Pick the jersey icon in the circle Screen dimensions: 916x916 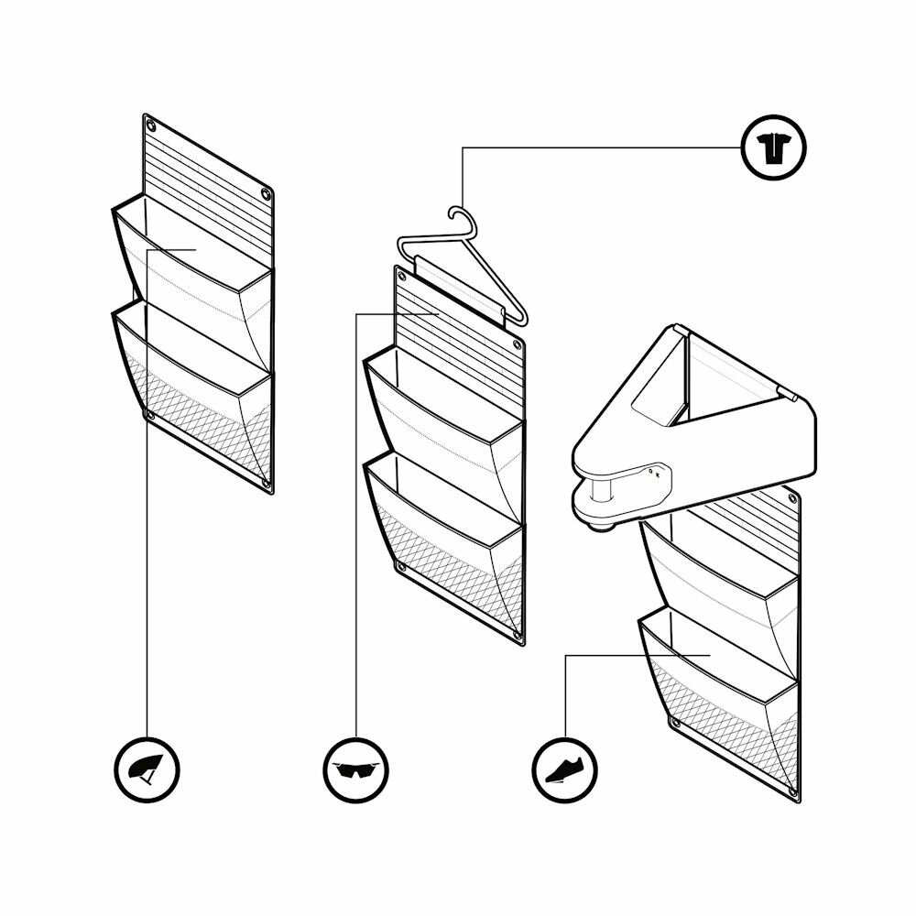[773, 147]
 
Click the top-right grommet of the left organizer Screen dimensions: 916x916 [266, 194]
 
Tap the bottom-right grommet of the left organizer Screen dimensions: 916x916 [266, 482]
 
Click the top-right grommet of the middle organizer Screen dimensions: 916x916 [518, 346]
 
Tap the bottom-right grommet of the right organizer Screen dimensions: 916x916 [792, 790]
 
